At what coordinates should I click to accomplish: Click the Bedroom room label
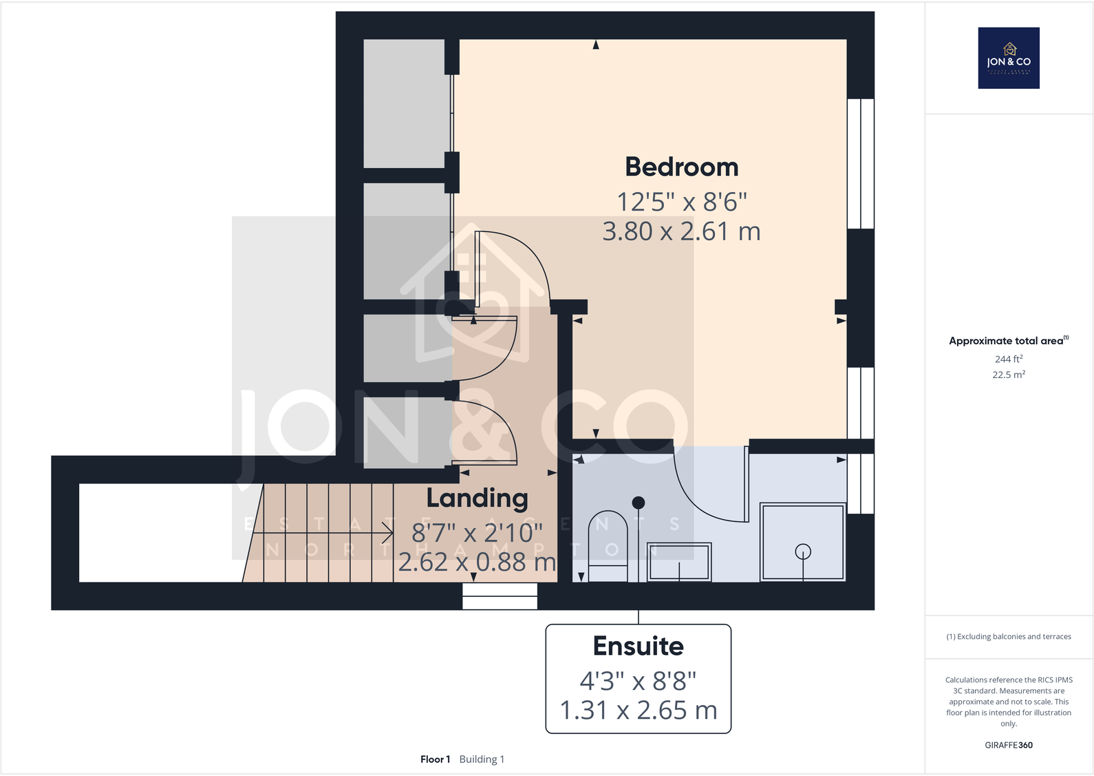click(681, 167)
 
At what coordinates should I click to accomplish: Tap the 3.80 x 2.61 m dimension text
click(681, 231)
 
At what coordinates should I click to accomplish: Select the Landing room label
click(477, 498)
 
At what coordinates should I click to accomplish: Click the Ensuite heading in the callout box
click(638, 646)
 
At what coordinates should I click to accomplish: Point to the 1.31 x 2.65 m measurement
click(638, 710)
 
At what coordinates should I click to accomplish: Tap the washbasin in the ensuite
click(679, 561)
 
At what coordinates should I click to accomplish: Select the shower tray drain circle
click(802, 552)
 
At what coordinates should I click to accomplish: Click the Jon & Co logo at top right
click(1009, 58)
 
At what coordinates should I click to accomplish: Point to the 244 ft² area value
click(1009, 359)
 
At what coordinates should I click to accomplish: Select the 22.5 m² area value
click(1009, 375)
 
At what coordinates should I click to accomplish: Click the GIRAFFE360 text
click(1009, 745)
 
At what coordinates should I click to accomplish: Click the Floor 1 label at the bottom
click(435, 759)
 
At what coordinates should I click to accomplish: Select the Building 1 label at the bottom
click(482, 759)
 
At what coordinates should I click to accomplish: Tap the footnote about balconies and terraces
click(1009, 637)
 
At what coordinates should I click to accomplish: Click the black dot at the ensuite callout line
click(639, 503)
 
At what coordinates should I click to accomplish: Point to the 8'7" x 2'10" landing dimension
click(477, 532)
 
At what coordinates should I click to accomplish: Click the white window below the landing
click(500, 596)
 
